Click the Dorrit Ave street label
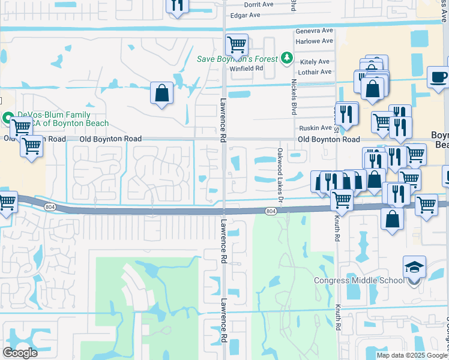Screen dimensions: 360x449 (259, 4)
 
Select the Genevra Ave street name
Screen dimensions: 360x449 (314, 31)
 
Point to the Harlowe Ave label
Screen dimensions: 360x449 (314, 41)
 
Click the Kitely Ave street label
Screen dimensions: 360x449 (315, 62)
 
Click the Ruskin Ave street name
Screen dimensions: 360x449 (315, 128)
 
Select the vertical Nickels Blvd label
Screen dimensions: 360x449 (294, 96)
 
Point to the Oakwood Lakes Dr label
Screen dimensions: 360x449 (280, 169)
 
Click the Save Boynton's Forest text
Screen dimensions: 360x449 (238, 59)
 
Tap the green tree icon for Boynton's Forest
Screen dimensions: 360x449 (288, 58)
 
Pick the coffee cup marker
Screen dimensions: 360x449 (438, 77)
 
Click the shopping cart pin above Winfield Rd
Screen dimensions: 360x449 (237, 44)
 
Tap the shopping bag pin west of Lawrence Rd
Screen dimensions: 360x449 (161, 93)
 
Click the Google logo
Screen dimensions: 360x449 (20, 353)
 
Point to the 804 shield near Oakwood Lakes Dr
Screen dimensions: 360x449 (271, 211)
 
